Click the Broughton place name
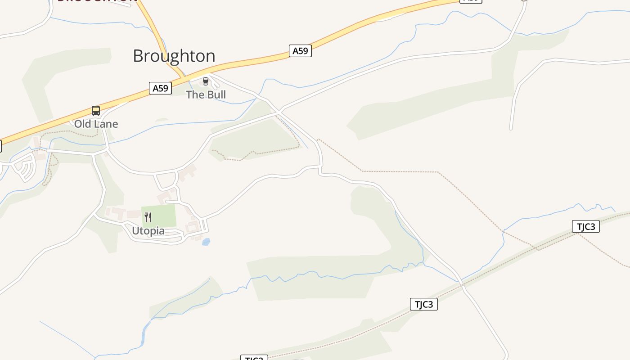click(174, 56)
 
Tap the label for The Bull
click(206, 94)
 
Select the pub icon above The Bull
click(206, 81)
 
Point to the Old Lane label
click(96, 124)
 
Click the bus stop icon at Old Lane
click(96, 111)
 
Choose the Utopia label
click(148, 231)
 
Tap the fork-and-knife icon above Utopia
click(148, 217)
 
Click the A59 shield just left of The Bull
click(160, 88)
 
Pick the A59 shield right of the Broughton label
click(300, 51)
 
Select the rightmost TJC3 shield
click(585, 226)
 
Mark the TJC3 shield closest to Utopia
click(423, 304)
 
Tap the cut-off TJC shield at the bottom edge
click(254, 358)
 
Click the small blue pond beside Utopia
click(206, 242)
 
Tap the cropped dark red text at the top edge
click(97, 1)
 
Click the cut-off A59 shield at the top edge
click(470, 1)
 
